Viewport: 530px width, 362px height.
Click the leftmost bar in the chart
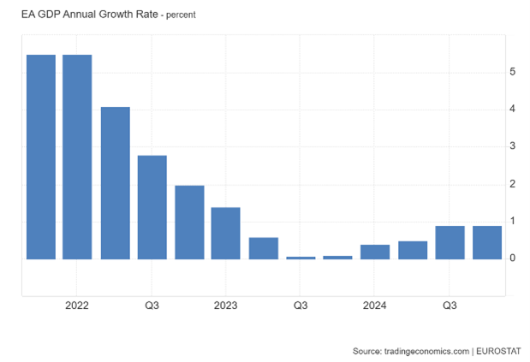pos(41,157)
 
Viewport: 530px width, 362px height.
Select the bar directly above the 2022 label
pos(77,157)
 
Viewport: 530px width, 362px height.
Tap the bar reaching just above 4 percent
pos(115,183)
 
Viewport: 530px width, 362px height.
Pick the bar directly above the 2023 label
pos(226,233)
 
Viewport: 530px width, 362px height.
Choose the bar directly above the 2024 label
pos(375,252)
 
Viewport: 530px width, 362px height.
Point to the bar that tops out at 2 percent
pos(189,222)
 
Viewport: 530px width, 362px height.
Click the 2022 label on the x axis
pos(77,306)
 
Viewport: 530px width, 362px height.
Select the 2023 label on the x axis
pos(226,306)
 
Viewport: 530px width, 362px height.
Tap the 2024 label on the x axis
pos(375,306)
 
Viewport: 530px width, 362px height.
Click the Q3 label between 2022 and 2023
pos(152,306)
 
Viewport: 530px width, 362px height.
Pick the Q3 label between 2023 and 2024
pos(301,306)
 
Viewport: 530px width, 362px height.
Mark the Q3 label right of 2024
pos(450,306)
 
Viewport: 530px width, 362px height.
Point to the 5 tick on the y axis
pos(511,71)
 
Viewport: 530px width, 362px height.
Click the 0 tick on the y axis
pos(511,258)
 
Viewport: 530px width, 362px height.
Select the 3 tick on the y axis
pos(511,146)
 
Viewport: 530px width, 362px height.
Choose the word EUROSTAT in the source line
pos(497,351)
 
